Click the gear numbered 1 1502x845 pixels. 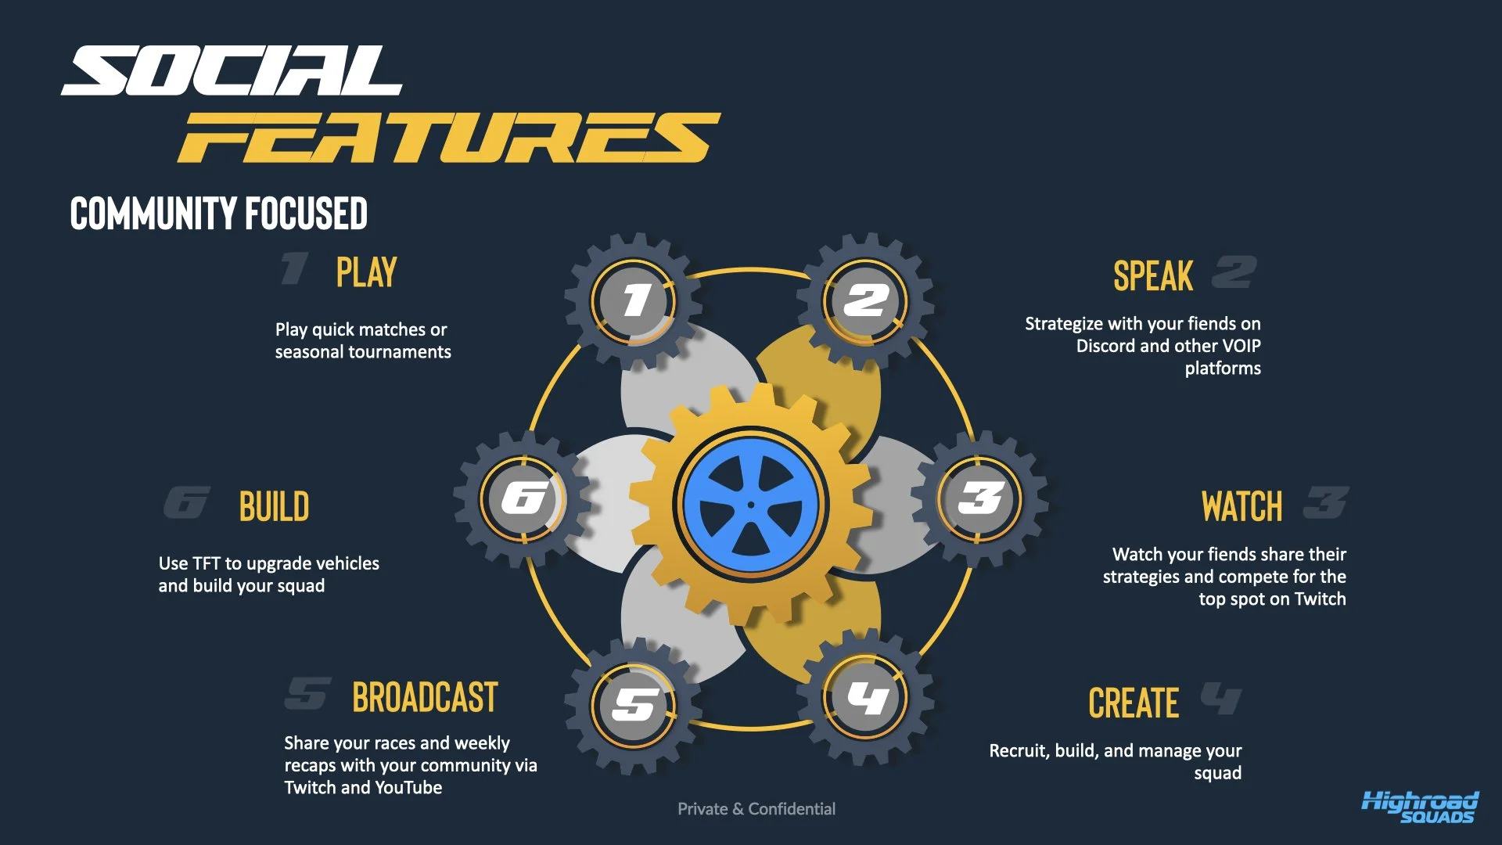pos(634,301)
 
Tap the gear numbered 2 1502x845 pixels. pos(865,300)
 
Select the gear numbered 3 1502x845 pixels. pos(980,498)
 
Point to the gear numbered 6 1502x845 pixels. pos(523,498)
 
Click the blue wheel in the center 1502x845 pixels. pos(751,505)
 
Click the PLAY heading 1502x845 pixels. pos(366,272)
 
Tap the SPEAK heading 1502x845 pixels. pos(1153,276)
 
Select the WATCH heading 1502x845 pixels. pos(1241,507)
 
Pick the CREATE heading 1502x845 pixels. pos(1134,703)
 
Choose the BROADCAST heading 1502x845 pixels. pos(425,698)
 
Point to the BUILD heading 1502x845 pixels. pos(274,507)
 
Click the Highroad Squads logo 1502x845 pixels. pos(1420,807)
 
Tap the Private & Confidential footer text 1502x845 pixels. pos(756,809)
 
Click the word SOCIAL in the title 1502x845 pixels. pos(232,71)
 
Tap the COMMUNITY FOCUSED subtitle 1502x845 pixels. pos(218,214)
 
